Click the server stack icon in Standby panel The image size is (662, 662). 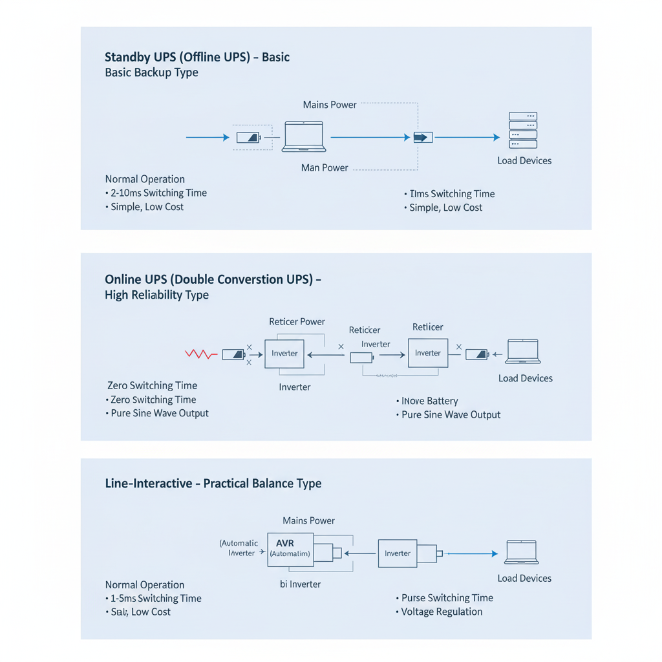[523, 131]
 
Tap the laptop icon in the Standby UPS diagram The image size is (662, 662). [304, 136]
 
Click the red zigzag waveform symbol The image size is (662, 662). [200, 354]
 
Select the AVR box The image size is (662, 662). [290, 550]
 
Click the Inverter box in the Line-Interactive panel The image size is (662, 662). [398, 553]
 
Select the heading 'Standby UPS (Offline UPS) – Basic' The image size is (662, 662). [197, 57]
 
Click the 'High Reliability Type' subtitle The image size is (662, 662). [156, 295]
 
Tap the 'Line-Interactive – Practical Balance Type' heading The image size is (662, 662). [213, 483]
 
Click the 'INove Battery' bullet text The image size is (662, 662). [429, 401]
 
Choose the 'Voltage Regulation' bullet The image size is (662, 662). [442, 612]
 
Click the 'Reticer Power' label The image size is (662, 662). [297, 321]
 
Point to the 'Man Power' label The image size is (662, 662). [325, 167]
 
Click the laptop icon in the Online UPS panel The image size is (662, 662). [523, 352]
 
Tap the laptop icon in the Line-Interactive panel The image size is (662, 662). [522, 553]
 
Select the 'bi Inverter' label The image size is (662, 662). [295, 584]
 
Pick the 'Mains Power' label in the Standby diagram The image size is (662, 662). [330, 105]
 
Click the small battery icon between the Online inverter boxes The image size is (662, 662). [361, 358]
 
